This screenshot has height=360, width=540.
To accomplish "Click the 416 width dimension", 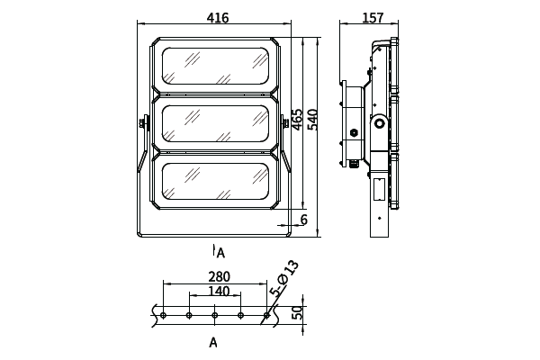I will point(217,18).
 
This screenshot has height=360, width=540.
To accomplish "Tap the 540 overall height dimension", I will point(313,120).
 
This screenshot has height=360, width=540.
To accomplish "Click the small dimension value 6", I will point(304,220).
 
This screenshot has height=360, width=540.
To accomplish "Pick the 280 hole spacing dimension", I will point(219,277).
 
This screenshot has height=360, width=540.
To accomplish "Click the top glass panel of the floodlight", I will point(215,64).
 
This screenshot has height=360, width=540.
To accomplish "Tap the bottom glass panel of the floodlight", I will point(215,184).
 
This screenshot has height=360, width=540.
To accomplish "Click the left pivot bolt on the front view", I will point(143,124).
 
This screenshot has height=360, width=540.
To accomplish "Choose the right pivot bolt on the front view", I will point(286,123).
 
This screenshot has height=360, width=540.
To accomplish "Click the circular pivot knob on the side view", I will point(379,123).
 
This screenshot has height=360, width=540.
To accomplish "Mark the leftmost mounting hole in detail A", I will point(164,315).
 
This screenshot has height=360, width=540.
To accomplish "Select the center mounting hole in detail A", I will point(214,315).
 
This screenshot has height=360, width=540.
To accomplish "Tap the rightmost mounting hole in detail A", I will point(265,315).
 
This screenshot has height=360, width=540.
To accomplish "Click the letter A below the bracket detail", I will point(213,343).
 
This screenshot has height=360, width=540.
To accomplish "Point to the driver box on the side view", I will point(352,123).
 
